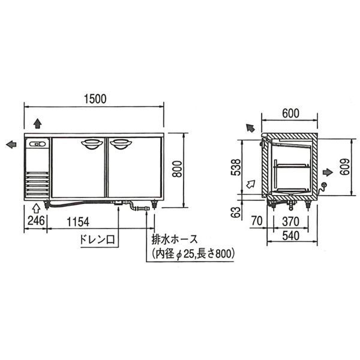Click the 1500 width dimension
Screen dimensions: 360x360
[x=95, y=99]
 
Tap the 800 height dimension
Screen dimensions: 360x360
[x=177, y=169]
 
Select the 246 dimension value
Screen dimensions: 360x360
[x=36, y=221]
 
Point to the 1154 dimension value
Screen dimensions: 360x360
[x=78, y=222]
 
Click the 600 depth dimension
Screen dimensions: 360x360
[x=290, y=113]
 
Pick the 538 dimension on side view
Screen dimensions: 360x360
[x=236, y=167]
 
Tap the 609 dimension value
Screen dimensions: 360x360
[x=345, y=167]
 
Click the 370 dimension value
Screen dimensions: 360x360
[x=290, y=222]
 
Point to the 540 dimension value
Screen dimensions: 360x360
[x=290, y=236]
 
